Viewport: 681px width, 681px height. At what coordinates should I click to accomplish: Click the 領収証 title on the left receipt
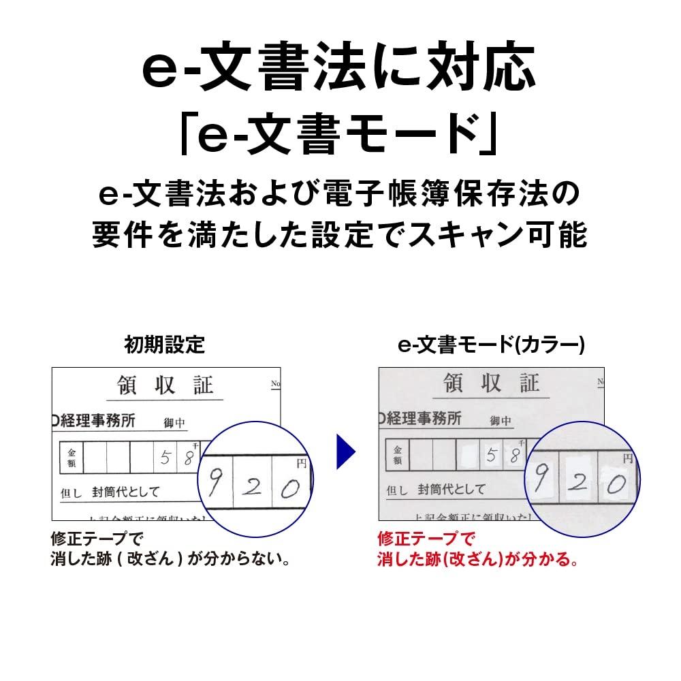click(x=161, y=385)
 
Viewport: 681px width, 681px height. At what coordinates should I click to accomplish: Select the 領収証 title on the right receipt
click(x=491, y=383)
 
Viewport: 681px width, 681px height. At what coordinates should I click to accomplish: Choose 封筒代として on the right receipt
click(x=452, y=489)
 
